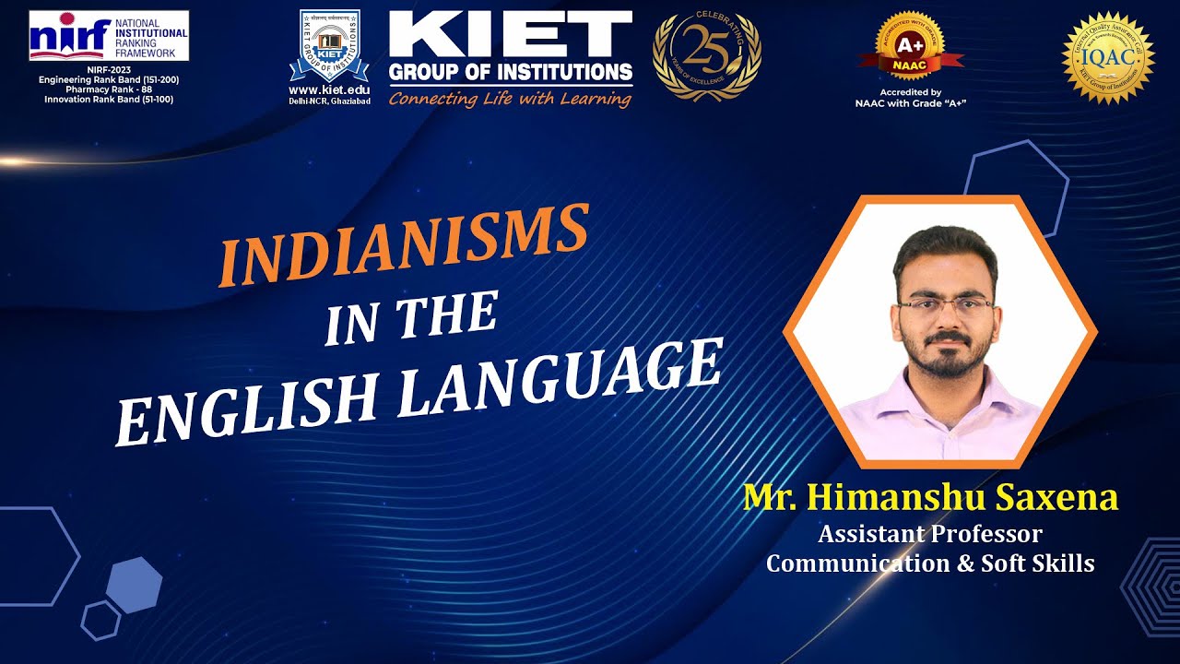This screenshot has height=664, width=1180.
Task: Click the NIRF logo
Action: pos(108,36)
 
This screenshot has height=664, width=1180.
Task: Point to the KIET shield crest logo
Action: pos(329,46)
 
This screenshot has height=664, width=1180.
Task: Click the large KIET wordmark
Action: pos(510,35)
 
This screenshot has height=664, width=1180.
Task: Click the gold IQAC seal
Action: pos(1108,57)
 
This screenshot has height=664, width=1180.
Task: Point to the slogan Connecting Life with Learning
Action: pos(510,99)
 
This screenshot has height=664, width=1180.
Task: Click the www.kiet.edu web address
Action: pos(329,89)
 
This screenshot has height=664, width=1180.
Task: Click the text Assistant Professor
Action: pos(930,534)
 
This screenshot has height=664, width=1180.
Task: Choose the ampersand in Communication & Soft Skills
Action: pos(964,563)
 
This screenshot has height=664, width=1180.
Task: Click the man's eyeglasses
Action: pos(945,307)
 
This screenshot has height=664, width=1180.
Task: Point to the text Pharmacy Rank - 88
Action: pos(108,89)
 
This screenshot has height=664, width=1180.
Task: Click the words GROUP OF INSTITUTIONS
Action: pos(510,72)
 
